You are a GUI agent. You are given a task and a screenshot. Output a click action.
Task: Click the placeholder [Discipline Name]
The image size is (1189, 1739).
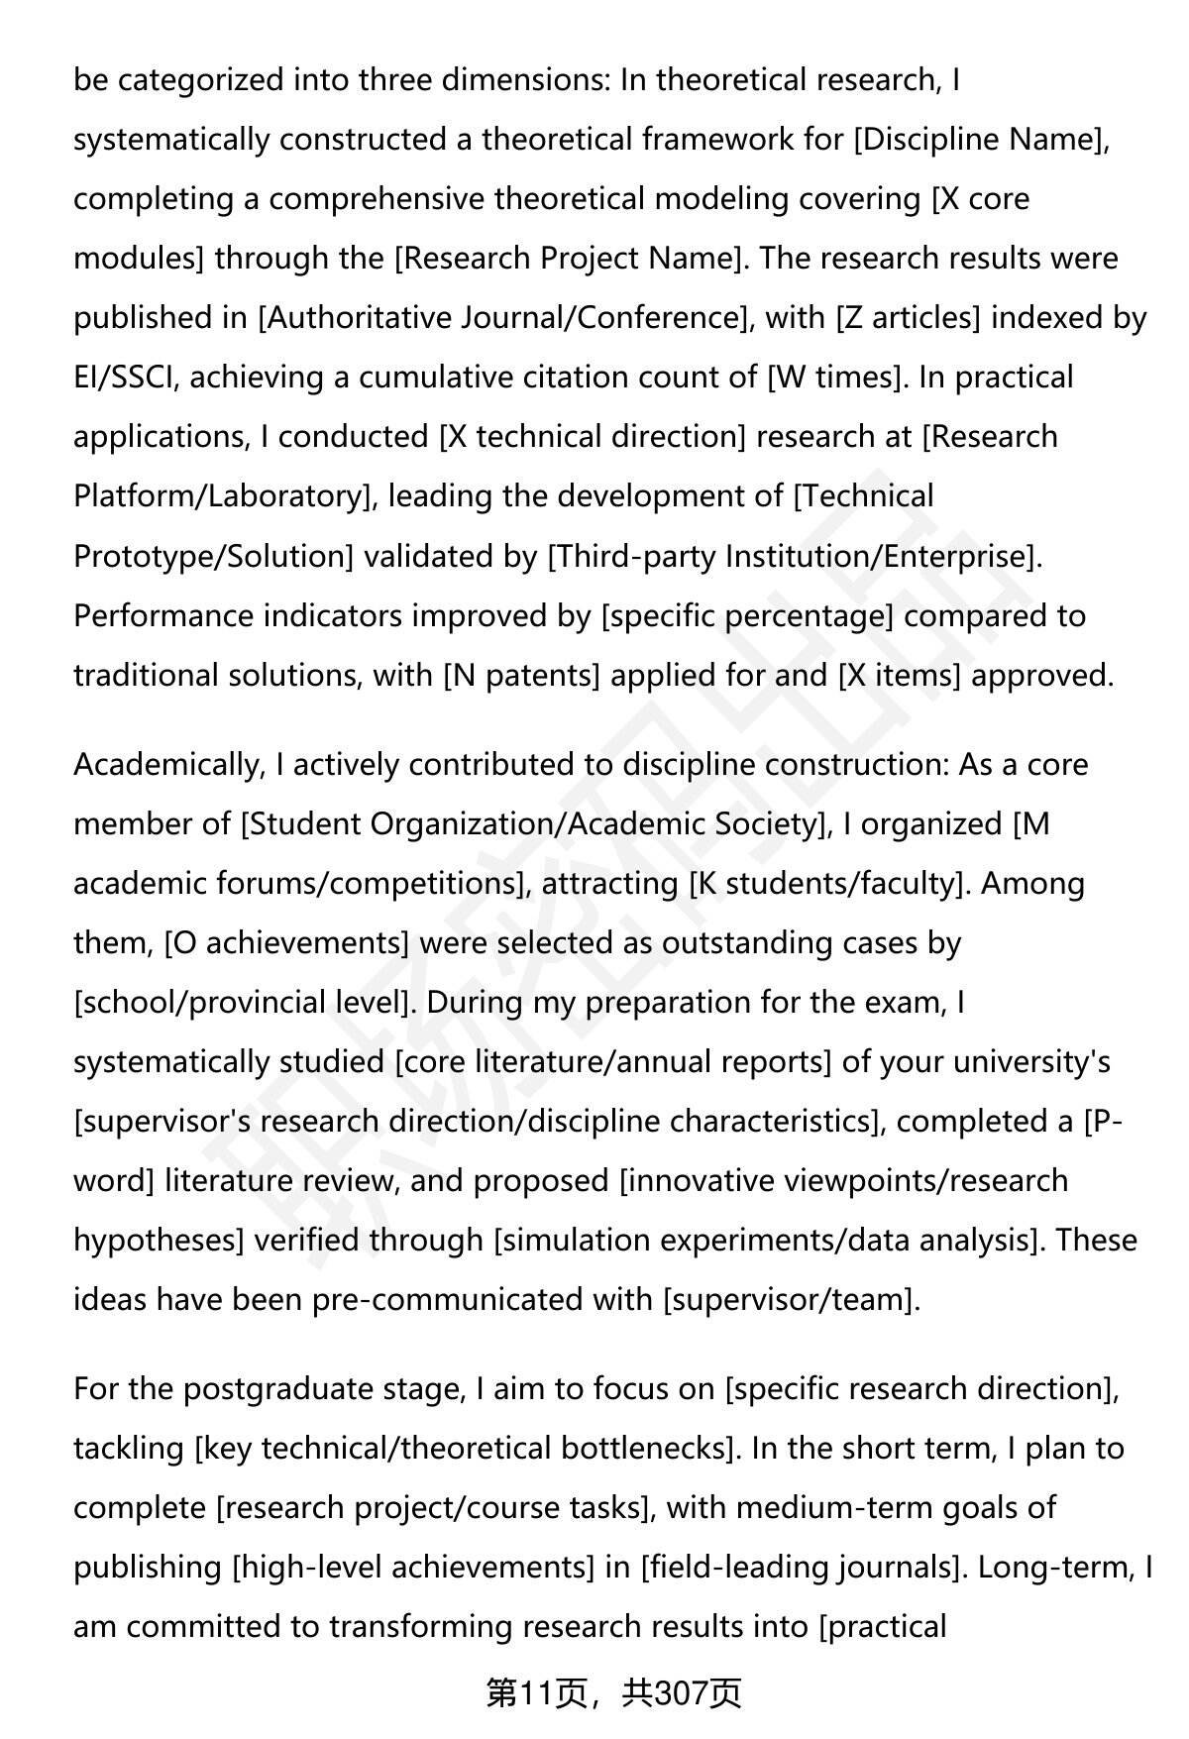[980, 140]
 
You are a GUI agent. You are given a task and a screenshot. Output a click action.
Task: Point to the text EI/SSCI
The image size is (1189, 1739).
[125, 378]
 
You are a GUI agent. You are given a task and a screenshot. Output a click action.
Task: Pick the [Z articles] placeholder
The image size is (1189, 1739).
[909, 318]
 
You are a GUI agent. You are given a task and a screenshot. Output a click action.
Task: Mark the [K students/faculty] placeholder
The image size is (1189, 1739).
[828, 883]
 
